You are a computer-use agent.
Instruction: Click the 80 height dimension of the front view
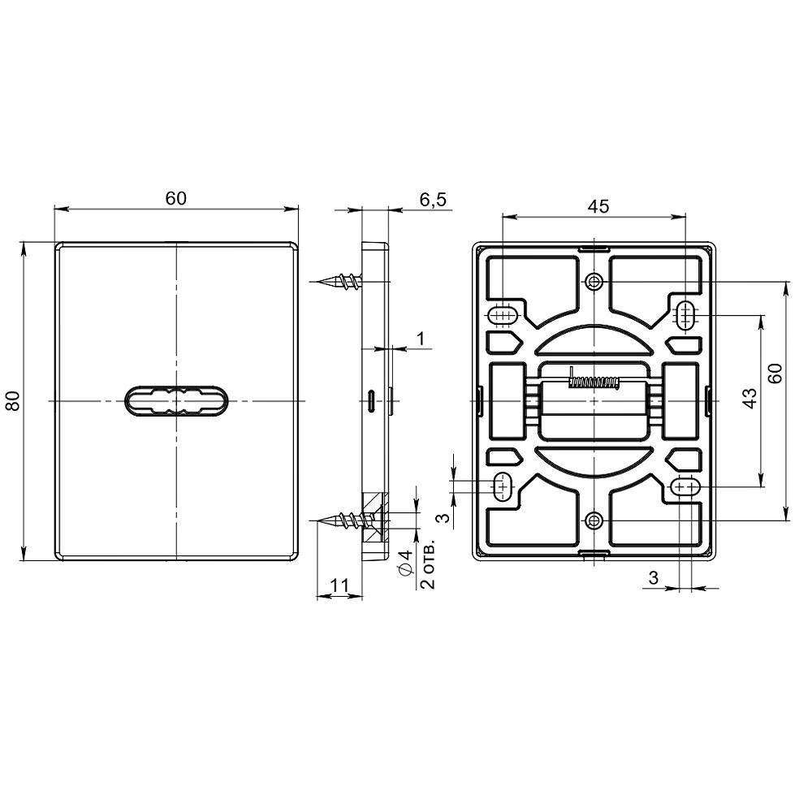click(13, 400)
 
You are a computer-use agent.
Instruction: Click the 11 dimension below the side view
click(339, 584)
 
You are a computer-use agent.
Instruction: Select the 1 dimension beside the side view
click(420, 337)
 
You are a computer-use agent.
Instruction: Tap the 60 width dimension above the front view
click(176, 198)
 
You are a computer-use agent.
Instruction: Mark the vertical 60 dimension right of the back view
click(775, 374)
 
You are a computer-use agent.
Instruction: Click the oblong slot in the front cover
click(177, 401)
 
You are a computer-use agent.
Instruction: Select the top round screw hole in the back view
click(594, 282)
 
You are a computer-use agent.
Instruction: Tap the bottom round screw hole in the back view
click(594, 520)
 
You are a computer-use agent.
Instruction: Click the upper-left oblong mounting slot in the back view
click(503, 314)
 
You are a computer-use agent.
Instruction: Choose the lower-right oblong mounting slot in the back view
click(685, 486)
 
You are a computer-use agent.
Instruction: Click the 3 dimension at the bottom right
click(654, 577)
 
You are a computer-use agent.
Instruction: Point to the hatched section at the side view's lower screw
click(372, 520)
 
